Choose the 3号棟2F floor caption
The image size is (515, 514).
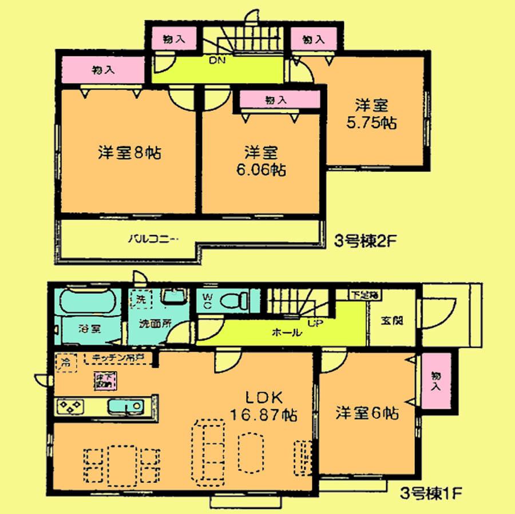click(363, 240)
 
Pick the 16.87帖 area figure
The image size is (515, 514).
click(263, 416)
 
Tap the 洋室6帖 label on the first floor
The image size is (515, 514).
click(367, 412)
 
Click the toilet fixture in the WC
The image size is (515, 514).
click(236, 299)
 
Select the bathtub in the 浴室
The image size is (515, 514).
click(89, 302)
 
